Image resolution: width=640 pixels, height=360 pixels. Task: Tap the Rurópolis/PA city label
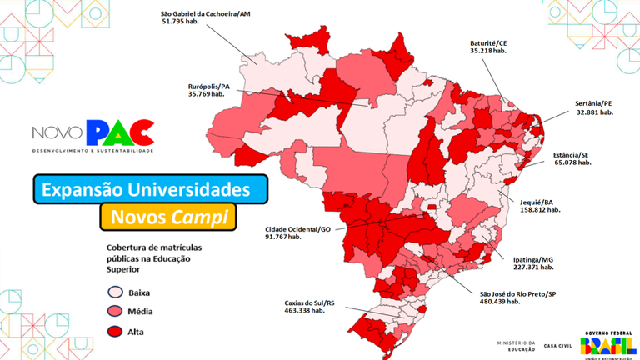208,86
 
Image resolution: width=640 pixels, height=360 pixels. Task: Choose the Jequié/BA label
538,202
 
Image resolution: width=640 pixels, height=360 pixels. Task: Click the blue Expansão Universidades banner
151,189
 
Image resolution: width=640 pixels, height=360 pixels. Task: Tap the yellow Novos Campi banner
167,217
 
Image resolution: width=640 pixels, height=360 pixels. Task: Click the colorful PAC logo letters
121,132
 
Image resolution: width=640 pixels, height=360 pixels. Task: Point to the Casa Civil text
557,345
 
